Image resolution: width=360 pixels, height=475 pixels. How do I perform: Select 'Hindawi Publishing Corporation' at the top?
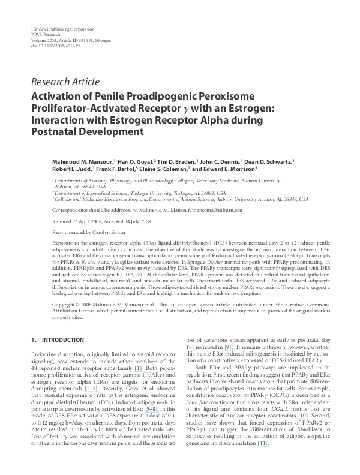(62, 29)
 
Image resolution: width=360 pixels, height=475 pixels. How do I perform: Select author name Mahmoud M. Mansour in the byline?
(81, 161)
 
